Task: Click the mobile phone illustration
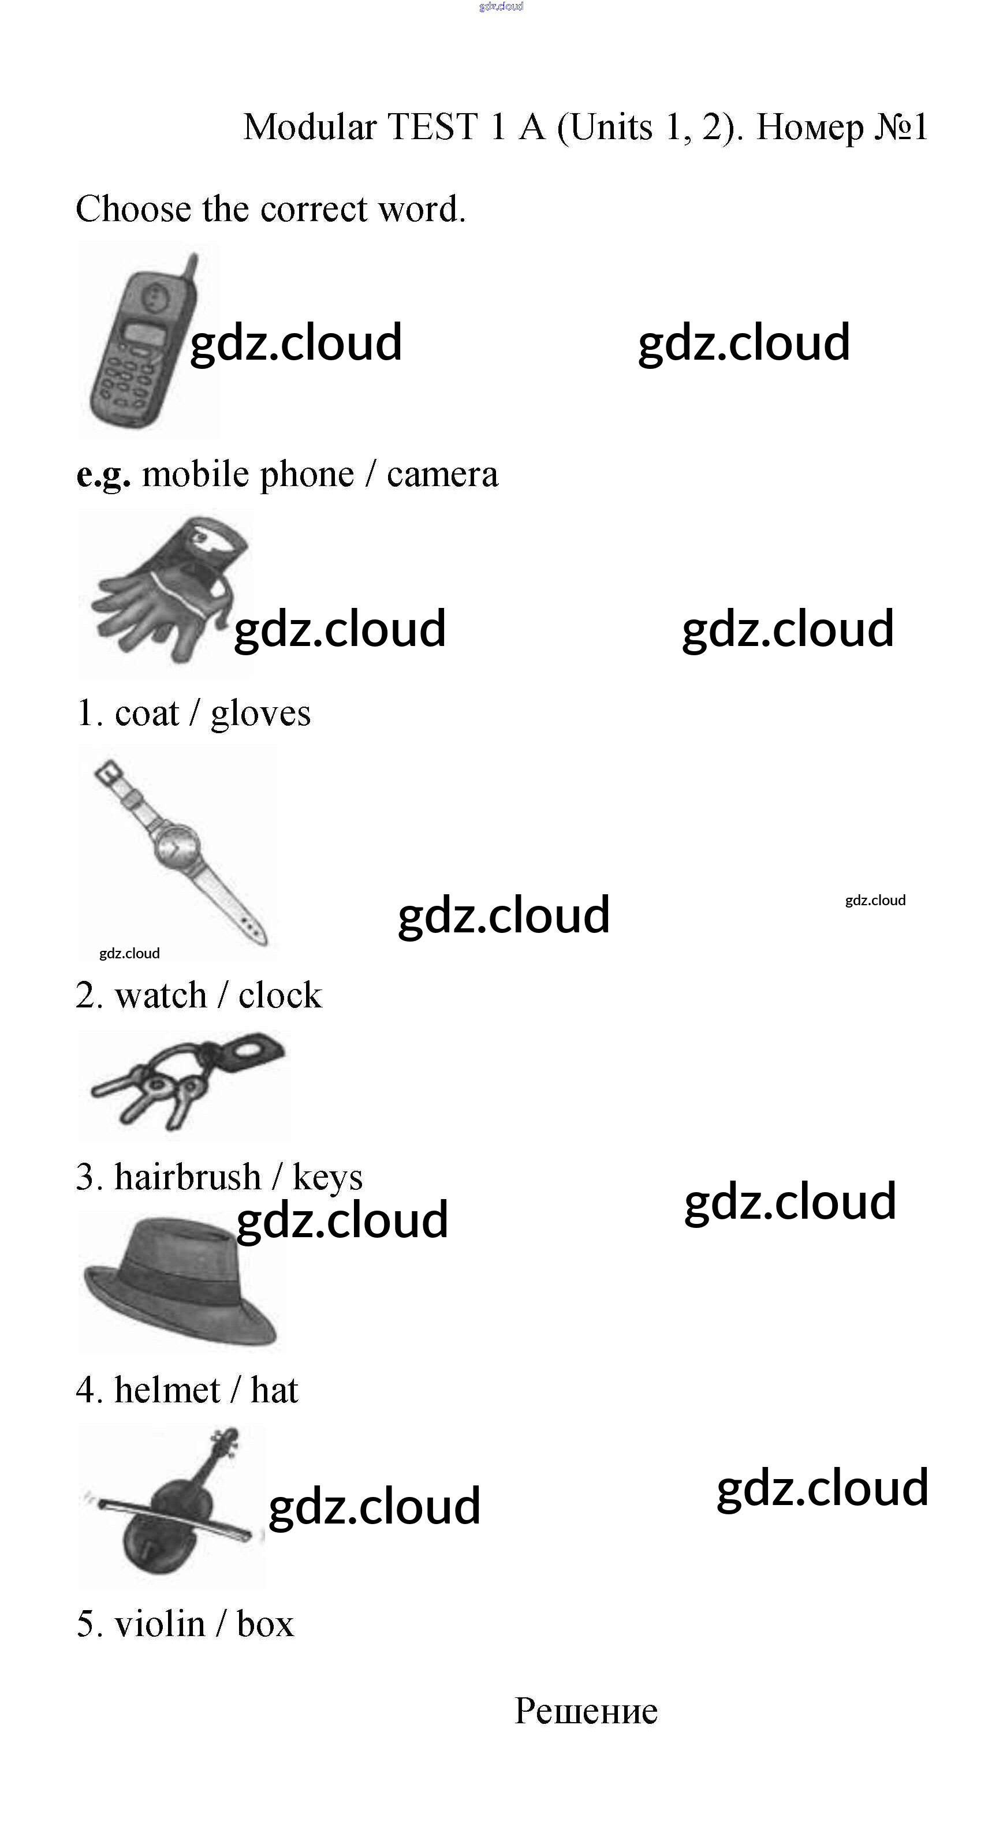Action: [138, 346]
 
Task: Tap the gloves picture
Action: [166, 594]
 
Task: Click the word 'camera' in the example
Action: [442, 475]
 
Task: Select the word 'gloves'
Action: [260, 713]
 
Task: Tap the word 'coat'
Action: [147, 713]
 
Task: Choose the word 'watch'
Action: [161, 996]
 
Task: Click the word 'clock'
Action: [280, 996]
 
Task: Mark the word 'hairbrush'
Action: [188, 1178]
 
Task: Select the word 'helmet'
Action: [167, 1390]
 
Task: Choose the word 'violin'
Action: [160, 1623]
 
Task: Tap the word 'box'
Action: [265, 1624]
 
